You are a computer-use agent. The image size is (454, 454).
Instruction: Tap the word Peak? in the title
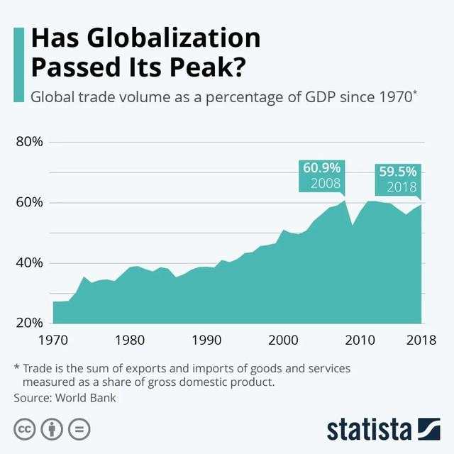click(207, 67)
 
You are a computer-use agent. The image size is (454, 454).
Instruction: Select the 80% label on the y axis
click(30, 142)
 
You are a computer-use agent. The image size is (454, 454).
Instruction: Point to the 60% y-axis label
click(30, 202)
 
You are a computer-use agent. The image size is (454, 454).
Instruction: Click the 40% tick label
click(30, 262)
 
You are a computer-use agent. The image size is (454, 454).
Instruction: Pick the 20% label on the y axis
click(30, 323)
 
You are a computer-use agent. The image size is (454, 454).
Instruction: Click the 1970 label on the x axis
click(53, 340)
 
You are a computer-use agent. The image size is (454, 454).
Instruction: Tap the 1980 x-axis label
click(130, 340)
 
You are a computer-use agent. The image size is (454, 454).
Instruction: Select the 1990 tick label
click(206, 340)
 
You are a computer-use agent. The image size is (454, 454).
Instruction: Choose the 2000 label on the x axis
click(283, 340)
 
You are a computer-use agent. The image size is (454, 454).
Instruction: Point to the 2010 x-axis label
click(360, 340)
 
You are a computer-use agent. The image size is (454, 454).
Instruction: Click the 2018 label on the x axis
click(421, 340)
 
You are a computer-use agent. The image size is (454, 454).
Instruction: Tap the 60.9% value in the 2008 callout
click(321, 168)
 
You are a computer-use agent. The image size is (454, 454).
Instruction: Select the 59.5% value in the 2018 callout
click(398, 172)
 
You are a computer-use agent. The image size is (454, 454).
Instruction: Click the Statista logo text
click(369, 430)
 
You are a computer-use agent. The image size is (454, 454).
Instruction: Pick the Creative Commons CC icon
click(25, 429)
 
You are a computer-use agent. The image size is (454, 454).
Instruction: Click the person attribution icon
click(52, 429)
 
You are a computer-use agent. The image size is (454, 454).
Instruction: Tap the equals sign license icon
click(79, 429)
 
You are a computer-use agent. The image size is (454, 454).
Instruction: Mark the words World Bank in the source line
click(86, 398)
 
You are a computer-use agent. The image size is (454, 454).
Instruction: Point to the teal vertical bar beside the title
click(19, 65)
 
